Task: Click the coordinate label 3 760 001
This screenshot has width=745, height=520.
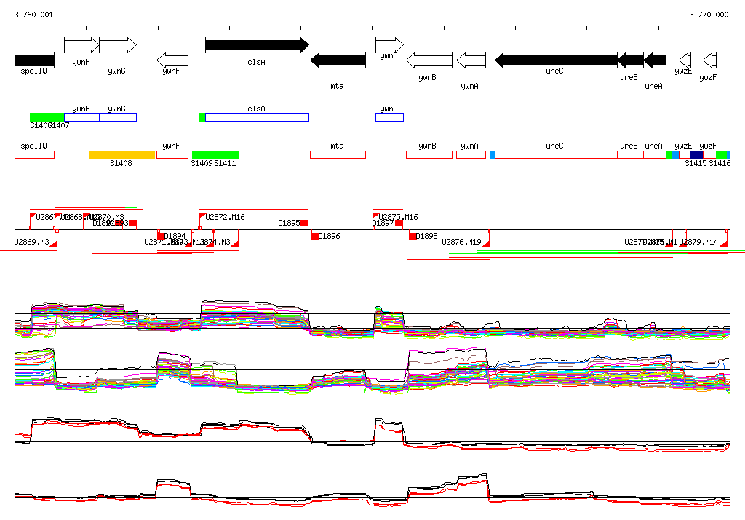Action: [33, 15]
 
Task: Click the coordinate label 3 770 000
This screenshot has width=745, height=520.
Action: [708, 15]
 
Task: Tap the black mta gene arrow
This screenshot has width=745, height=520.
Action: [338, 60]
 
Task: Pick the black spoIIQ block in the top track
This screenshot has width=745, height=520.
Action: [34, 60]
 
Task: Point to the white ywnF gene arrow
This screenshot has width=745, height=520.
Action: [172, 60]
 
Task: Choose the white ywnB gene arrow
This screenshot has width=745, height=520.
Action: [429, 60]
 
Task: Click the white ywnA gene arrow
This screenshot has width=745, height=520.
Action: [471, 60]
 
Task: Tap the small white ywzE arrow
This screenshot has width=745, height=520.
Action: [684, 60]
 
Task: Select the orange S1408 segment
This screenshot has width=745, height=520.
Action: [122, 154]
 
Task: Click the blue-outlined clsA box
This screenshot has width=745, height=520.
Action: [257, 117]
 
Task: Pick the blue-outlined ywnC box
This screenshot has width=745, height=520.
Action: [389, 117]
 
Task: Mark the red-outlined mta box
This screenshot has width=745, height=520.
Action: [338, 154]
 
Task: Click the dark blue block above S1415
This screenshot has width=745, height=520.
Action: [696, 154]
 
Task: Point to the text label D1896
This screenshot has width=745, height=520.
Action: [330, 237]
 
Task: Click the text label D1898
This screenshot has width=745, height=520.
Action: [427, 237]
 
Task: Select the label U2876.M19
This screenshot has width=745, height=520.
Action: [461, 242]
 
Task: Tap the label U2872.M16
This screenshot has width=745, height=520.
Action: [225, 217]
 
